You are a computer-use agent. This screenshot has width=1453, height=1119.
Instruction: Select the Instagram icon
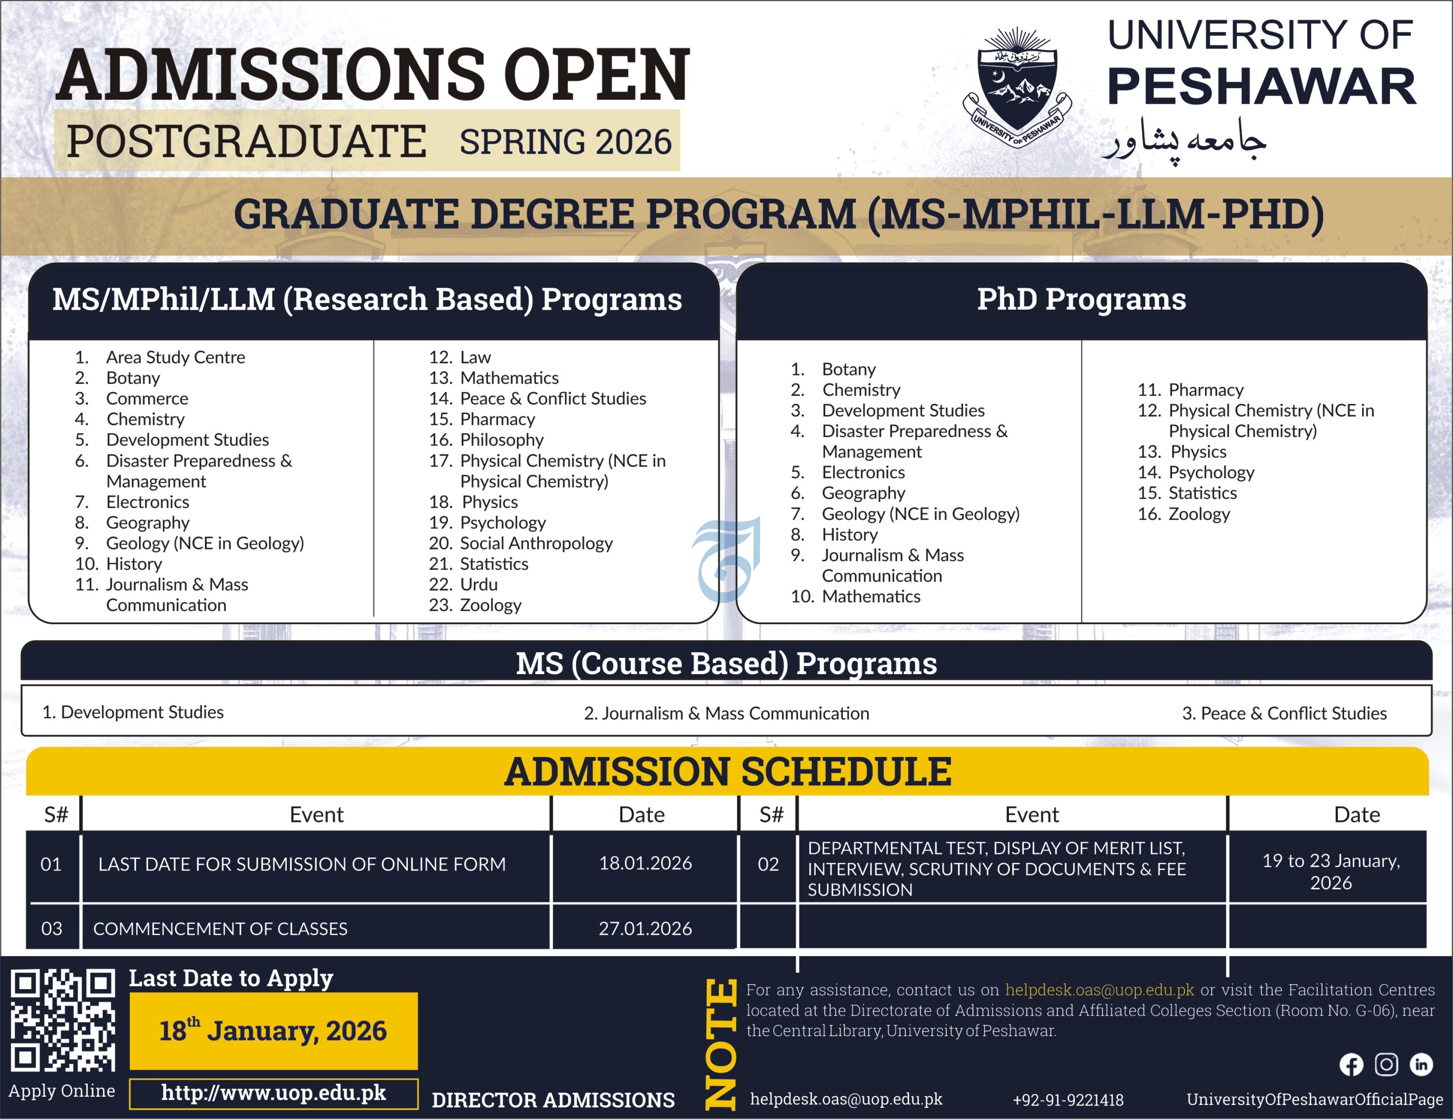point(1387,1064)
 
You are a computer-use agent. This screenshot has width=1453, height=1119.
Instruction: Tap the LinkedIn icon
point(1421,1064)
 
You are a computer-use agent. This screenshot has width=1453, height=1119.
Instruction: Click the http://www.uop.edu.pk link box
point(274,1094)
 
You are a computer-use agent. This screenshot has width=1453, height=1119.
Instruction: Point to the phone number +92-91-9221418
point(1068,1100)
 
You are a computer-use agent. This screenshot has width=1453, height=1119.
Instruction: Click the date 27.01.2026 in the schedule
point(645,929)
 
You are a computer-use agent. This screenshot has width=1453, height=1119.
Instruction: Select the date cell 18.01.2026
point(645,864)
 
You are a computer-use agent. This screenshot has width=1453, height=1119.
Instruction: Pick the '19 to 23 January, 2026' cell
point(1330,872)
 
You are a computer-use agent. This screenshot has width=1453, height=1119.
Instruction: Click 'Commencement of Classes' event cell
point(220,929)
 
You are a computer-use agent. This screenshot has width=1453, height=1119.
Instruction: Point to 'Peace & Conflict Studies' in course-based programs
point(1284,713)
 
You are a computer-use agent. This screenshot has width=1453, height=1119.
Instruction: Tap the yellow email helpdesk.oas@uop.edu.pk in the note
point(1099,990)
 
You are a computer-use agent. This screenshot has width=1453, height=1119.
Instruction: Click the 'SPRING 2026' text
point(566,142)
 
